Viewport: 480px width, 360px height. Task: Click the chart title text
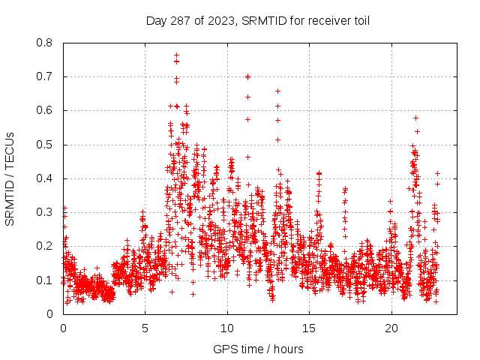tap(257, 20)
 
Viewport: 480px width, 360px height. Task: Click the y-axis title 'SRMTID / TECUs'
tap(10, 178)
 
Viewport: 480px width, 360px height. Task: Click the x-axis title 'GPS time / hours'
tap(258, 349)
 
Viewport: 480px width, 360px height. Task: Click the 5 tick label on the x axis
tap(145, 328)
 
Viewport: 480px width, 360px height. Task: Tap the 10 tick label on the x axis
tap(227, 328)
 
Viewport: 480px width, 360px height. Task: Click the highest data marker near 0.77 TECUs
tap(176, 55)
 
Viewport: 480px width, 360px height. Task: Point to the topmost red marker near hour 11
tap(247, 76)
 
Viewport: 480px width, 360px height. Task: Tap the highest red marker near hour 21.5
tap(415, 118)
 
